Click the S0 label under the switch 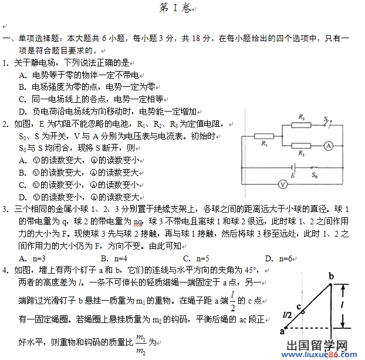coord(315,175)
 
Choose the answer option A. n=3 coord(32,258)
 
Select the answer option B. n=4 coord(114,258)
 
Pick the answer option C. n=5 coord(196,258)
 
